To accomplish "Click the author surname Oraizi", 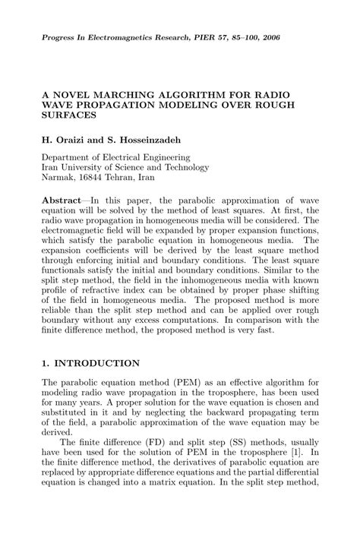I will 72,141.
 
